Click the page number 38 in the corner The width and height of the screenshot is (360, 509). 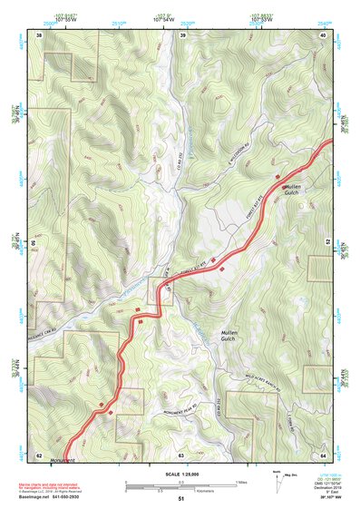tap(39, 34)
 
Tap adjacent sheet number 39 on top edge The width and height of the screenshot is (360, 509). tap(182, 34)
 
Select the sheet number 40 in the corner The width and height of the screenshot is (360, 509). tap(324, 34)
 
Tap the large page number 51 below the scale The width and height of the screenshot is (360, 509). tap(181, 498)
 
